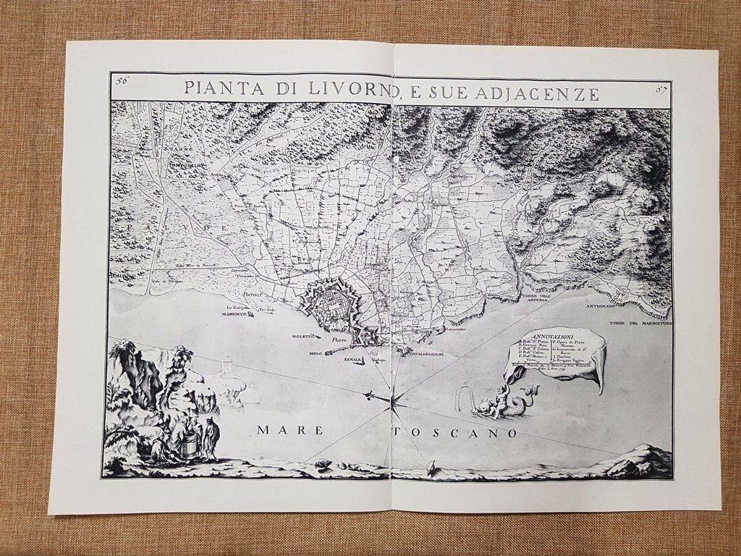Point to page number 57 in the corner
click(659, 89)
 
